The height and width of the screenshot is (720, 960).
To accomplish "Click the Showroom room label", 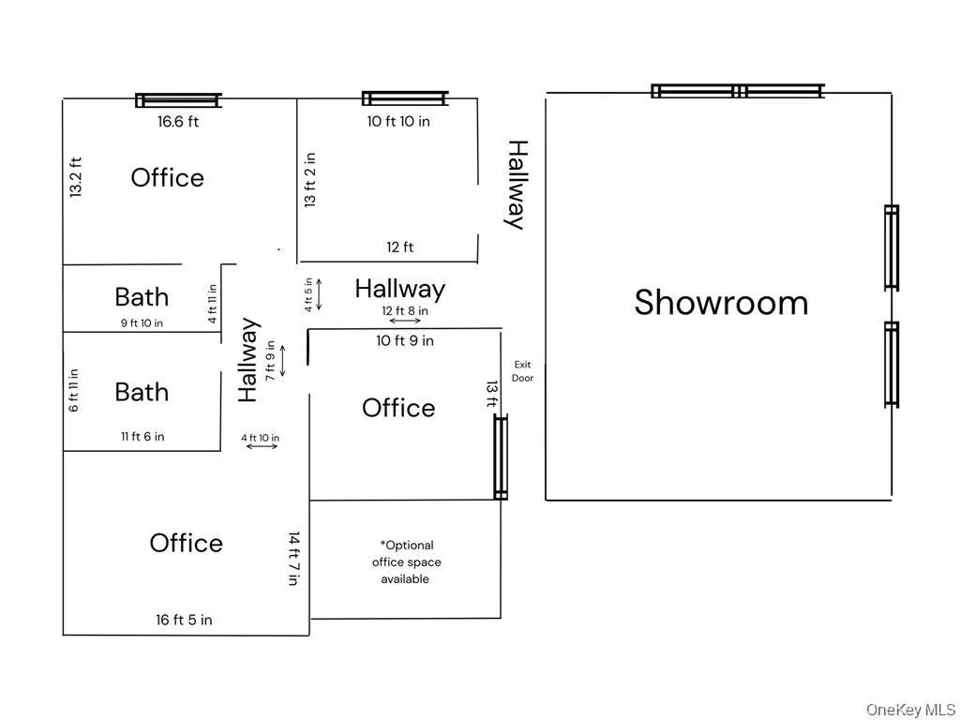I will tap(721, 303).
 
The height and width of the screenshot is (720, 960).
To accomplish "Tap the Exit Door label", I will tap(522, 371).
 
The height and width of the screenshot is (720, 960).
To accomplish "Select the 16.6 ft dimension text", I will tap(178, 121).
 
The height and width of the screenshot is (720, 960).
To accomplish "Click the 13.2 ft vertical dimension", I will tap(76, 177).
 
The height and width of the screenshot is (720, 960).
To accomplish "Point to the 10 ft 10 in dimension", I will tap(398, 121).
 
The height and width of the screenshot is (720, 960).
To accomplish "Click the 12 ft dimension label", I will tap(400, 247).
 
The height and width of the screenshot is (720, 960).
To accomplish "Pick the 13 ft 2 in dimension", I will tap(310, 180).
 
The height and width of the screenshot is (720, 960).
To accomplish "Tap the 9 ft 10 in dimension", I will tap(142, 323).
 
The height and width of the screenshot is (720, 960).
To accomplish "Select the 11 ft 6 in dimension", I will tap(142, 436).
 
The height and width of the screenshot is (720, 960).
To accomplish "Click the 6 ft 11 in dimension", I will tap(74, 390).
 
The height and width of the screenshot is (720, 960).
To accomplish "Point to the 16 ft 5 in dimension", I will tap(184, 620).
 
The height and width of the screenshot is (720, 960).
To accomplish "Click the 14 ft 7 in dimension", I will tap(293, 559).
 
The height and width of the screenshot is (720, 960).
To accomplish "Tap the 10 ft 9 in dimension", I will tap(405, 341).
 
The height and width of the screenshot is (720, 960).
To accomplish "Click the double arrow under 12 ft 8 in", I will tap(405, 322).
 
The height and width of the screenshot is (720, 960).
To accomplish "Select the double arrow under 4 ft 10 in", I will tap(262, 446).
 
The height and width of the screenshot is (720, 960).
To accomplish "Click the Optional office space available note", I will tap(406, 562).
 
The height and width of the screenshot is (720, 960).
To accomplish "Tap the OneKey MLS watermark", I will tap(910, 709).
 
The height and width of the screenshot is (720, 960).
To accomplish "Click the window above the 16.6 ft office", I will tap(178, 100).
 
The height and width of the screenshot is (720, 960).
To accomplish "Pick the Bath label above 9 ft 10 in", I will tap(142, 297).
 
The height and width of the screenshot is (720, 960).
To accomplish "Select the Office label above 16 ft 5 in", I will tap(186, 543).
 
